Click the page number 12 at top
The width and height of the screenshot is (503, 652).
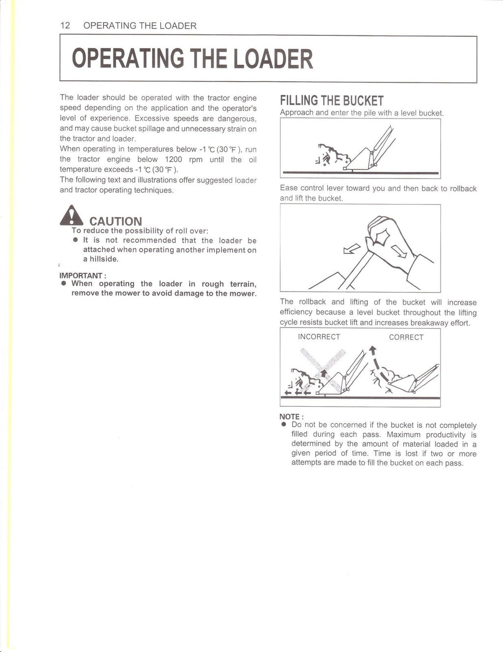pos(65,26)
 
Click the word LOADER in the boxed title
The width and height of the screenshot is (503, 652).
pos(273,59)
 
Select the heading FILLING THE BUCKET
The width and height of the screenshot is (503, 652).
pos(332,101)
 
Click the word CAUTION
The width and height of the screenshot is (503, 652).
pos(115,221)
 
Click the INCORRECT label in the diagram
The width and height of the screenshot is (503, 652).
pos(319,337)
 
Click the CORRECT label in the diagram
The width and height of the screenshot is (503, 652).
pos(406,337)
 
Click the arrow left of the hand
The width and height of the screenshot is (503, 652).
pos(351,250)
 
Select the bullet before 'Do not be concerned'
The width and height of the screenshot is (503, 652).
pos(283,425)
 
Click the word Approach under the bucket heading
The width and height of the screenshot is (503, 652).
pos(297,113)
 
